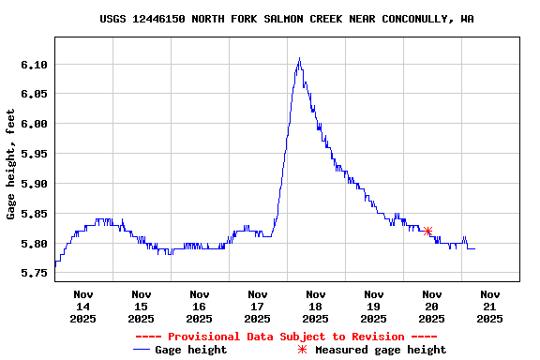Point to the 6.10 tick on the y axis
34,64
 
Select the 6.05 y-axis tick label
34,94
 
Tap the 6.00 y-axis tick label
34,124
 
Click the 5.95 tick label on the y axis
34,154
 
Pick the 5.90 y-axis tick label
34,184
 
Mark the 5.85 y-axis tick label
34,214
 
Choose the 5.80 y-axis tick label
34,244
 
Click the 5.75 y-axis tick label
34,274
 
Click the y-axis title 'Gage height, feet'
11,164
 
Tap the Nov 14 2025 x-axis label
82,307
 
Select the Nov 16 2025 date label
199,307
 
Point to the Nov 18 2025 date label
315,307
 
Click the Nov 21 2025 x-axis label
489,307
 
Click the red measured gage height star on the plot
427,231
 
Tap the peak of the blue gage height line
299,59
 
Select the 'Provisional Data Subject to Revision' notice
286,337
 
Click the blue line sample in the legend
142,350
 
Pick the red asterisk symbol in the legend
302,350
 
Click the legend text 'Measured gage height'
381,350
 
